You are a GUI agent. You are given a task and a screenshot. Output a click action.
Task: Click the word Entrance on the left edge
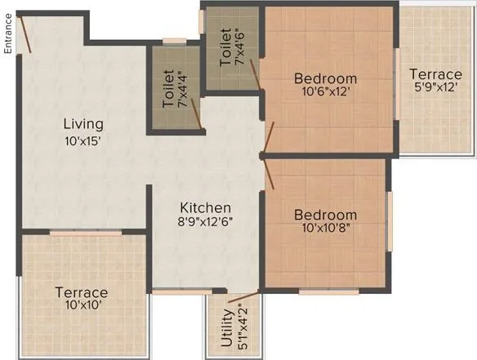point(7,33)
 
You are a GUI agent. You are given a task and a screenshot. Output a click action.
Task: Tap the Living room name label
point(83,124)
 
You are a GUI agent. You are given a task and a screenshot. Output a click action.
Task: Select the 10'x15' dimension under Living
point(83,140)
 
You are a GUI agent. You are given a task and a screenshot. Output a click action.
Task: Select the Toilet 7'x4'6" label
point(232,47)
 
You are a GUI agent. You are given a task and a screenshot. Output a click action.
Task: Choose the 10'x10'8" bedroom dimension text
point(326,229)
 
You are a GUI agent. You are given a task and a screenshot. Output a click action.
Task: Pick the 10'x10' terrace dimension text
point(81,307)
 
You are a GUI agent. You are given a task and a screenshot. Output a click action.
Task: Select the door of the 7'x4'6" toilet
point(254,74)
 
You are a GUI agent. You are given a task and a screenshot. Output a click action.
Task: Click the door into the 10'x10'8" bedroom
point(268,173)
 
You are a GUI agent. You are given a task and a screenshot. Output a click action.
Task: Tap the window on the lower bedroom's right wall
point(389,220)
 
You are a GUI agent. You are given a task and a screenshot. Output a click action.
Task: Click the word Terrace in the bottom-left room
point(81,292)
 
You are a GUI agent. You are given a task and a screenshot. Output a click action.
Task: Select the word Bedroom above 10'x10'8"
point(326,215)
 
